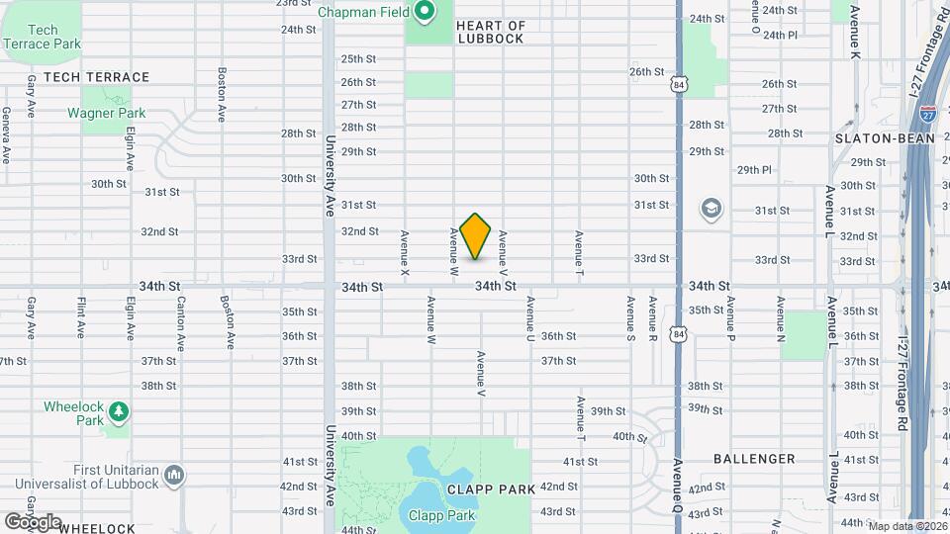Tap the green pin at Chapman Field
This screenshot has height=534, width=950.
pos(425,12)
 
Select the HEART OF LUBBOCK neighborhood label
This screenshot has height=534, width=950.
pos(491,32)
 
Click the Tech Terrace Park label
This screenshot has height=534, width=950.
pos(42,38)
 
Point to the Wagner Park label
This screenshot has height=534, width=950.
pos(106,113)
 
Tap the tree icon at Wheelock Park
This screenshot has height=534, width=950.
pos(118,409)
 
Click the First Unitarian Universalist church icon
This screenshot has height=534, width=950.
pos(174,476)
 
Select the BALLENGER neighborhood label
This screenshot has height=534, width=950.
pos(754,459)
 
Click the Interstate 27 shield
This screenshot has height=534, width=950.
pos(928,113)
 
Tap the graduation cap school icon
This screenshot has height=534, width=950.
pos(711,209)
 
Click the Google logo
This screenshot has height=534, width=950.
pos(32,521)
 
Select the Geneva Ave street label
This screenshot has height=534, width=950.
pos(7,135)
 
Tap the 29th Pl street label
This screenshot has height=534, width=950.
pos(753,169)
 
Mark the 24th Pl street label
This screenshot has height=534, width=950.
pos(780,35)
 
